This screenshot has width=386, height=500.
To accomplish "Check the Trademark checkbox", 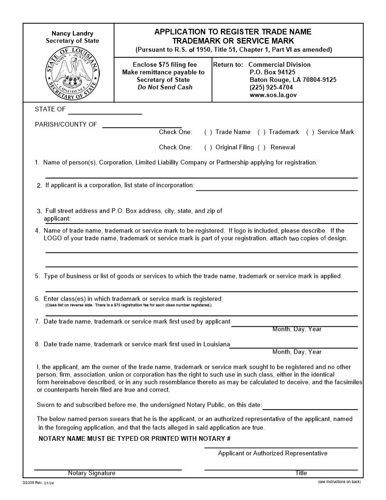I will pyautogui.click(x=261, y=132).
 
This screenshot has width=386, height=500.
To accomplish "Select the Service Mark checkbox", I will pyautogui.click(x=310, y=132).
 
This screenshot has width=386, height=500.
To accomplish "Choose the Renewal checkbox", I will pyautogui.click(x=261, y=147).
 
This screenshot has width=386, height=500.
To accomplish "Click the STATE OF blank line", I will pyautogui.click(x=105, y=113).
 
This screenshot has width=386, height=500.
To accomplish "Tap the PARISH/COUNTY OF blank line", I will pyautogui.click(x=142, y=126).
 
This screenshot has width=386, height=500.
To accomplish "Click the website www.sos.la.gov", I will pyautogui.click(x=273, y=95).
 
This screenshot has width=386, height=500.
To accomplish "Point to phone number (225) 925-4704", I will pyautogui.click(x=271, y=88).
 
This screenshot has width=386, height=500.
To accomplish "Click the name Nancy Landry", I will pyautogui.click(x=72, y=34).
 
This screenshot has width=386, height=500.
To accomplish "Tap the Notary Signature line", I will pyautogui.click(x=108, y=469).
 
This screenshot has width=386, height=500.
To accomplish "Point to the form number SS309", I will pyautogui.click(x=29, y=482).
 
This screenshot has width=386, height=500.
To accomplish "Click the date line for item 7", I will pyautogui.click(x=294, y=325).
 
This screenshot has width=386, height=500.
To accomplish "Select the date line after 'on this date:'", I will pyautogui.click(x=310, y=409).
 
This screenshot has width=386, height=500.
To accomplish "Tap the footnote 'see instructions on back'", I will pyautogui.click(x=339, y=482).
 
